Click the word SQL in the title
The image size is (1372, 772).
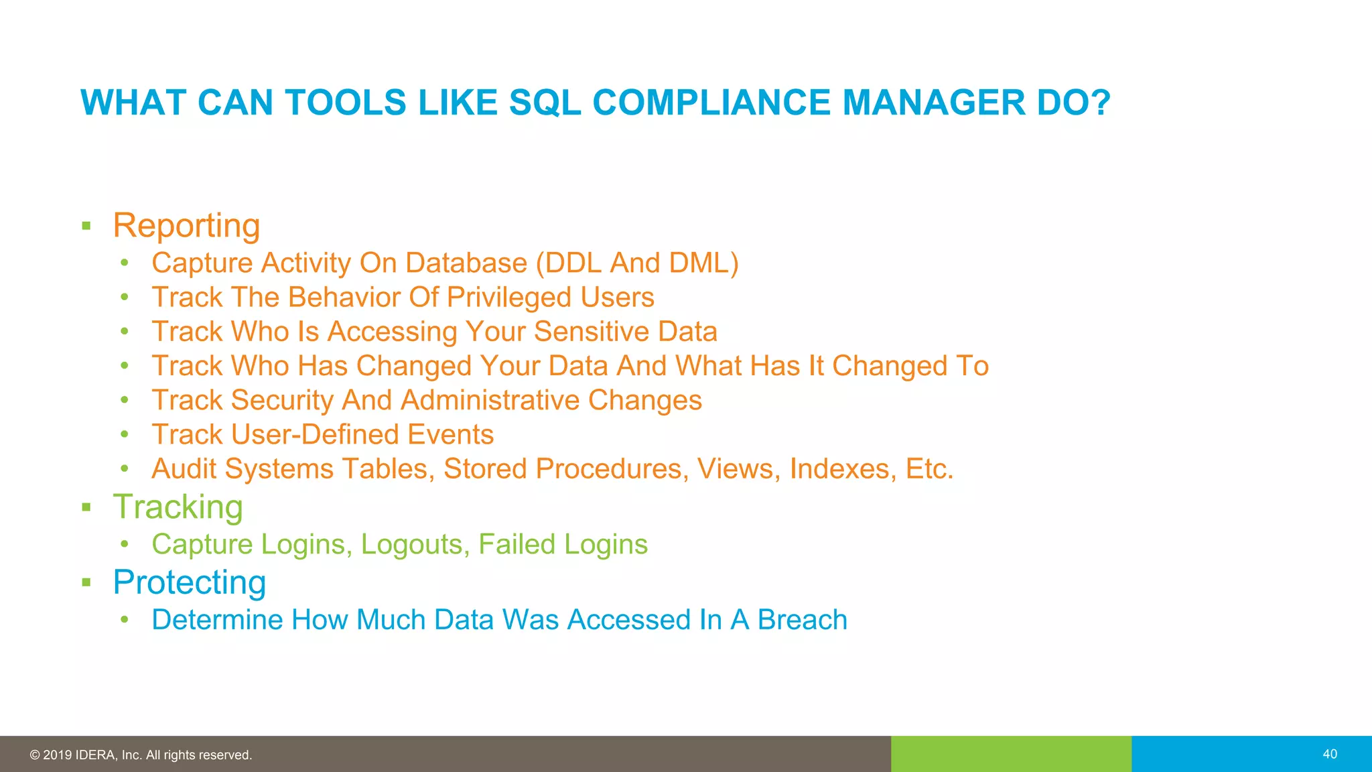545,103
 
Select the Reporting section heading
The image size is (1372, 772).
186,225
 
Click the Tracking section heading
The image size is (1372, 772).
178,507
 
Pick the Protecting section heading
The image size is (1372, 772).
189,582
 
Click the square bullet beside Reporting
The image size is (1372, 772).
86,226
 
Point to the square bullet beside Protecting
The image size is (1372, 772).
86,582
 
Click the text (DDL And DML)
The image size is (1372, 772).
637,263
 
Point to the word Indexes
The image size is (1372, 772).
843,469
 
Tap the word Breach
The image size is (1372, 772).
802,620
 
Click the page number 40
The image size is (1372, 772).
1330,754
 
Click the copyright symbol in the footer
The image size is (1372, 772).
35,755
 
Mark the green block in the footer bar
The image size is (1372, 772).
1011,754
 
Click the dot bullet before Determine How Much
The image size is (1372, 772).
125,620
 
